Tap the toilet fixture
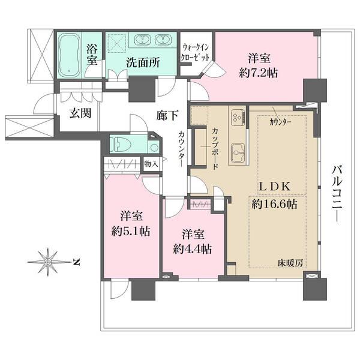(x=122, y=145)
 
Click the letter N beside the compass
(x=76, y=261)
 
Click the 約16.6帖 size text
(x=274, y=204)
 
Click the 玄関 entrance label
(x=79, y=114)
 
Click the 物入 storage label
(x=151, y=163)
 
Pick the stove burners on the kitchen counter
(x=236, y=115)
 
